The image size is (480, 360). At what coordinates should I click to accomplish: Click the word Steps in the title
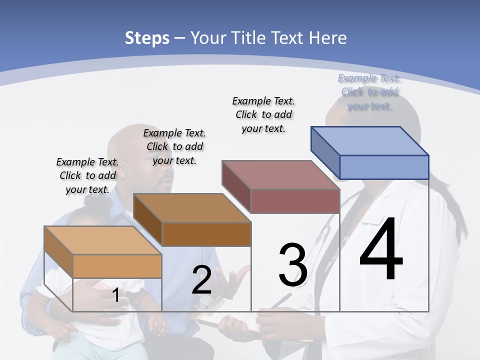pos(147,38)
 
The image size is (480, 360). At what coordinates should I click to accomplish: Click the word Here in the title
pos(327,38)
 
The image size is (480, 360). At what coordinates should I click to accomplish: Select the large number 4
pos(381,249)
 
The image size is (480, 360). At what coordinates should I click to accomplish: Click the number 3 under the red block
pos(292,265)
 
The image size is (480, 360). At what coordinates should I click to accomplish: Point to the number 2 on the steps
pos(201,280)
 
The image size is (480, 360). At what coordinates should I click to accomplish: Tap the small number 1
pos(115,295)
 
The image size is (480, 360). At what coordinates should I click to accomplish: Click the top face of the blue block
pos(370,140)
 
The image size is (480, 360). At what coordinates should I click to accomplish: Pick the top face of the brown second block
pos(192,207)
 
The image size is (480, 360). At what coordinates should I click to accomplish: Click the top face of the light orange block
pos(103,240)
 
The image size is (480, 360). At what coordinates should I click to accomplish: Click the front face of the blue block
pos(384,167)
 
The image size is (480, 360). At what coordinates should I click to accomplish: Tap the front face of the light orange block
pos(117,266)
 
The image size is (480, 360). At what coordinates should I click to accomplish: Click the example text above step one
pos(87,175)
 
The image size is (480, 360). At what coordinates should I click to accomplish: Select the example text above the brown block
pos(174,146)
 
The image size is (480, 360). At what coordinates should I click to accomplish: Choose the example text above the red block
pos(263,114)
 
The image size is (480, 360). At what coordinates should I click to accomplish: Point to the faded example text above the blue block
pos(369,91)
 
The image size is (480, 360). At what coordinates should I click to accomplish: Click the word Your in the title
pos(208,38)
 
